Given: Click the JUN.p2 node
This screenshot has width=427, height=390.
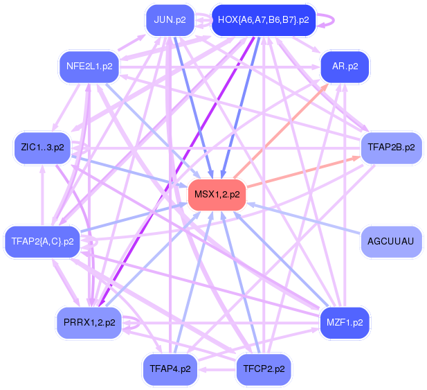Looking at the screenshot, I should (x=170, y=20).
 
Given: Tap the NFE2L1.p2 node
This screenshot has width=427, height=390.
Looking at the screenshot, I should (x=89, y=67).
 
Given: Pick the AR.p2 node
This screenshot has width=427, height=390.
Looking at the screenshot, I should (x=345, y=67).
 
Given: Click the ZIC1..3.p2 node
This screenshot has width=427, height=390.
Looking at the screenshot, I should (x=42, y=148).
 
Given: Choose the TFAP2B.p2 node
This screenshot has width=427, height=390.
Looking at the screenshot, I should (x=391, y=148).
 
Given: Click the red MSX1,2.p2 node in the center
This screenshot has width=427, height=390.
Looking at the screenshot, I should (x=217, y=195).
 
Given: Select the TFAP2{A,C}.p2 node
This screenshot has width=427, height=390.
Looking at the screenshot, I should (x=42, y=241).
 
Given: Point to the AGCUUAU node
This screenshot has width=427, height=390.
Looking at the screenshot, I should (x=391, y=242).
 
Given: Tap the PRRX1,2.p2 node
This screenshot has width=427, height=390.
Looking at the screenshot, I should (x=89, y=323).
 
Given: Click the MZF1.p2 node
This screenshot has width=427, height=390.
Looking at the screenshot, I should (x=345, y=323).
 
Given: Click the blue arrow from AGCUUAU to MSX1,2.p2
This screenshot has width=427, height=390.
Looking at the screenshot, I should (x=305, y=218).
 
